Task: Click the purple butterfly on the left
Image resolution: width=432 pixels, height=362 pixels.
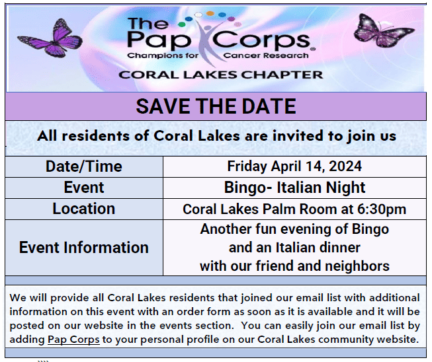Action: point(51,38)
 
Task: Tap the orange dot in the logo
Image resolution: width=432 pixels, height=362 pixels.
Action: point(210,13)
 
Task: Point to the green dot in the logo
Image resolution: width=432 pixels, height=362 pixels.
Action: point(182,24)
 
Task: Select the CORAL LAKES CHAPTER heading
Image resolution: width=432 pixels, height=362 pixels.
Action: point(221,75)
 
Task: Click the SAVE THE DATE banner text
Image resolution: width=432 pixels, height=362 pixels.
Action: point(216,106)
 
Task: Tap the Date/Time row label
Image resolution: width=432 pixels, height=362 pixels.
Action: point(84,166)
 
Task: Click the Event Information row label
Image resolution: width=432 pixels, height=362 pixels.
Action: point(84,247)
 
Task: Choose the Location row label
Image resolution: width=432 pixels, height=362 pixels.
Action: point(84,209)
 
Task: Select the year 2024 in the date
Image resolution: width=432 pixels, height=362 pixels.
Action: point(345,166)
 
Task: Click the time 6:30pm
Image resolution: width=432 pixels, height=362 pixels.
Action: point(382,209)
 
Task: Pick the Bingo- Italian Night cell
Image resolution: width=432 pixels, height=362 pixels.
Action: point(294,188)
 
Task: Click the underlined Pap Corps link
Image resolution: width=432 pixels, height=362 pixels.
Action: point(73,340)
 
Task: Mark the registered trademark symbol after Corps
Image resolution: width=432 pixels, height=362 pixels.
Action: point(313,50)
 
